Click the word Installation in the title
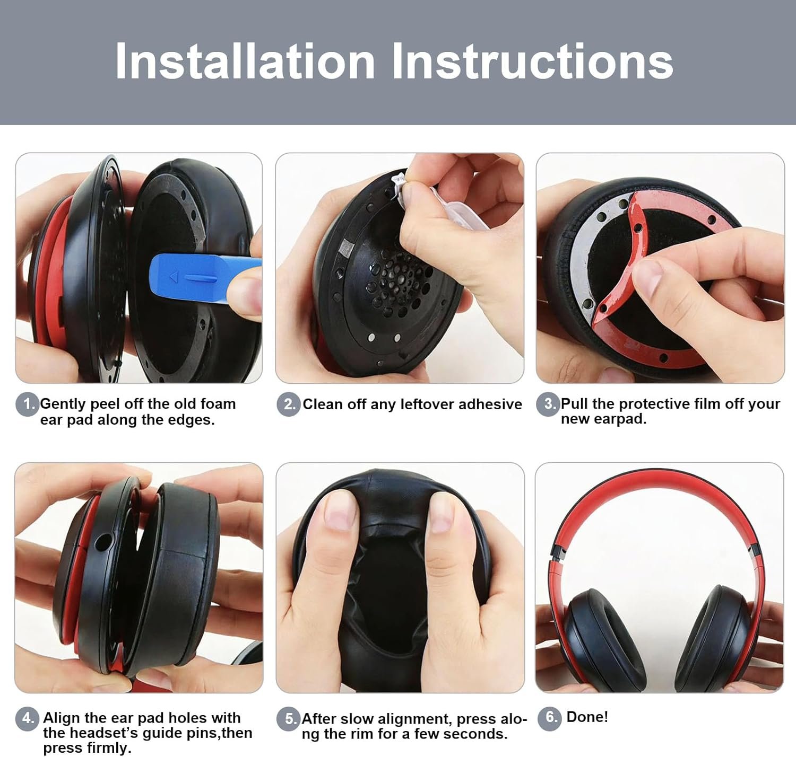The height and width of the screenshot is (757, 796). click(x=245, y=61)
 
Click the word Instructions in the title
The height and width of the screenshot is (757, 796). click(x=533, y=61)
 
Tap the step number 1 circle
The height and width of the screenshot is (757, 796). click(x=28, y=404)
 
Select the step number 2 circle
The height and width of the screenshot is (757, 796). click(x=289, y=404)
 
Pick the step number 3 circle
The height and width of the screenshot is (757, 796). click(x=548, y=404)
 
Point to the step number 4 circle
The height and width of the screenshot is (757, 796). click(x=28, y=718)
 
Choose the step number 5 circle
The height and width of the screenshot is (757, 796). click(x=289, y=718)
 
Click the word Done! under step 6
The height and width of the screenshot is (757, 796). click(x=587, y=717)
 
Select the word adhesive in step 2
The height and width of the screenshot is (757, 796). click(x=490, y=404)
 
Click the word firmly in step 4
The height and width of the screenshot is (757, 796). click(x=109, y=747)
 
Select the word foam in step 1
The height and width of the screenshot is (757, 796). click(x=218, y=404)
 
